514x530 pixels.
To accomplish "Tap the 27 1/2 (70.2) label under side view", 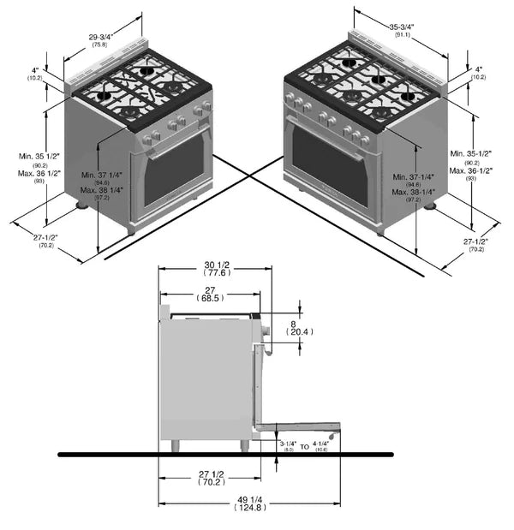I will [209, 477].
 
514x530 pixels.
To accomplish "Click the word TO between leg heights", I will [304, 446].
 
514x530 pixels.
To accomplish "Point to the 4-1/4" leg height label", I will [320, 443].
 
